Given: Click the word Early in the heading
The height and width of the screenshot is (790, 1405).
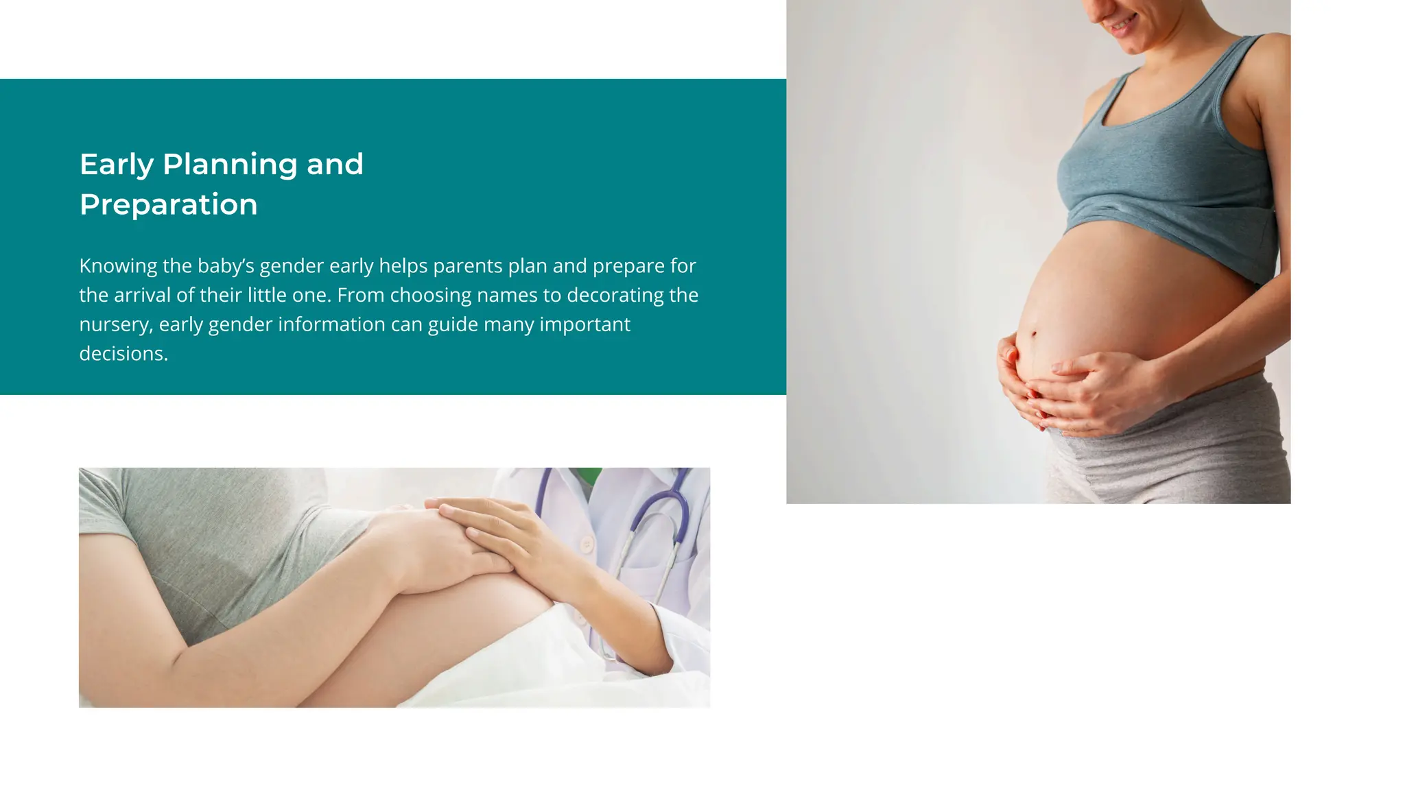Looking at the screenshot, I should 117,165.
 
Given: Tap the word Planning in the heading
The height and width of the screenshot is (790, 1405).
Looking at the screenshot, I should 229,165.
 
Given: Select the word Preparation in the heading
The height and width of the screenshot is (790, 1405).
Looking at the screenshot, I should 168,204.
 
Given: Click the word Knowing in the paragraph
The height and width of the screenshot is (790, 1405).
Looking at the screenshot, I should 118,266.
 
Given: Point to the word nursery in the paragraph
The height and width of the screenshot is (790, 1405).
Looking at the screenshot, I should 115,324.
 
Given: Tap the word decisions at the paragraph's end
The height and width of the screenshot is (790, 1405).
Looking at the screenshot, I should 123,354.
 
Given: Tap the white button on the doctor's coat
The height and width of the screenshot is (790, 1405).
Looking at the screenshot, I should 587,545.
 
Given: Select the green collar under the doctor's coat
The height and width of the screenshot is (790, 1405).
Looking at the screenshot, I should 587,475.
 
